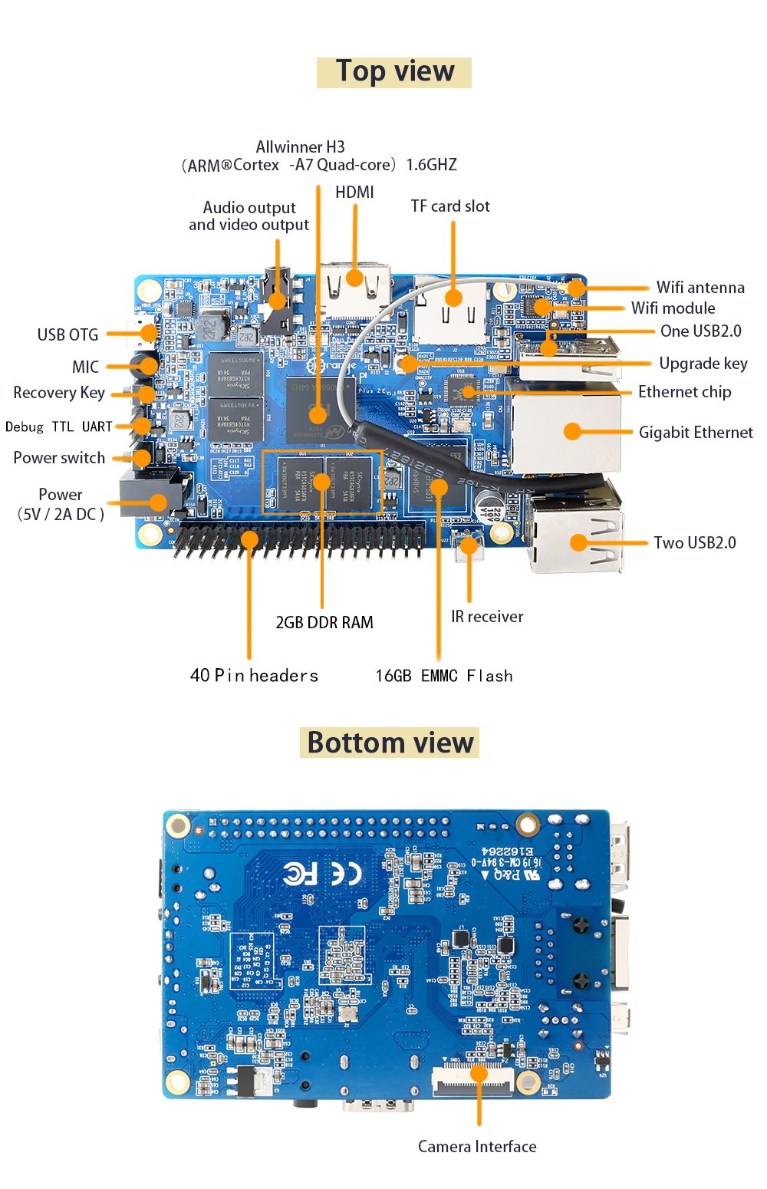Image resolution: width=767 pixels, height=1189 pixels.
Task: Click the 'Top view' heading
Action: [394, 71]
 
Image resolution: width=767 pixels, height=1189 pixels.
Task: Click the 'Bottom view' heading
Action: [390, 743]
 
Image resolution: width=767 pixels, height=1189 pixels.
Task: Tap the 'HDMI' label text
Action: [354, 192]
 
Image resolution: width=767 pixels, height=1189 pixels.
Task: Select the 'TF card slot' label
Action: [450, 206]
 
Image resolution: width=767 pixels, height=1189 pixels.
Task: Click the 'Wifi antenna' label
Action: [700, 287]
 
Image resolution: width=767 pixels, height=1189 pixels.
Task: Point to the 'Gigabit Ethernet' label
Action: [696, 432]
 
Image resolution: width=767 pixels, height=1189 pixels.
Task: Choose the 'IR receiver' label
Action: [487, 616]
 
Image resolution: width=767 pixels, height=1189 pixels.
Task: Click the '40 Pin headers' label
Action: [254, 675]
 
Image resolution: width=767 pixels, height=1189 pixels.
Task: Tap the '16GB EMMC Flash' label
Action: [443, 675]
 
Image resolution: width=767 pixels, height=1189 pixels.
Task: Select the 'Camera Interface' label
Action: [477, 1146]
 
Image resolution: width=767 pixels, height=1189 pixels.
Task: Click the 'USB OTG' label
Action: [67, 334]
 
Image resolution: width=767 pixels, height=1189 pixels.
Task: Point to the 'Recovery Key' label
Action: [59, 392]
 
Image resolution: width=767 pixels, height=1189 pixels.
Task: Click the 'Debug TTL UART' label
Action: [59, 427]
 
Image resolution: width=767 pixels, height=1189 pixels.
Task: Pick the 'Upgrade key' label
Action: [703, 363]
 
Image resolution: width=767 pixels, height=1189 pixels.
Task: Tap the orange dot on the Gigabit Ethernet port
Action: [572, 431]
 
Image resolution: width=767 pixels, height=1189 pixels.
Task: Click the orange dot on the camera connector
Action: [479, 1072]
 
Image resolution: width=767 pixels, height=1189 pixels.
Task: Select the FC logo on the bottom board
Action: [300, 873]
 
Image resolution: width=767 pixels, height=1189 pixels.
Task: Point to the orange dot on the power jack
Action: [158, 502]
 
